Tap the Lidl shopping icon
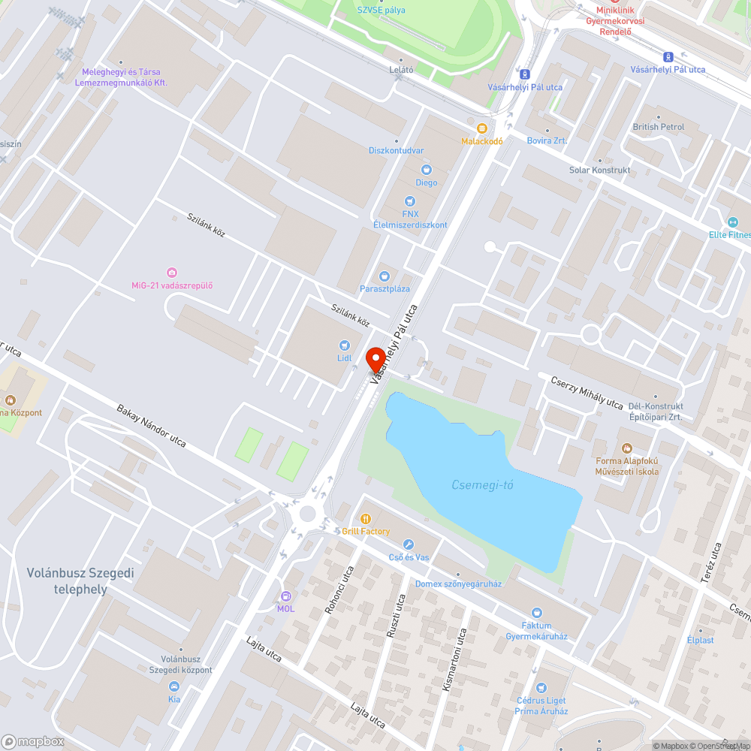344,345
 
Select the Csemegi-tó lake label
482,485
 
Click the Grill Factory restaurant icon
366,518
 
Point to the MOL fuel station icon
285,596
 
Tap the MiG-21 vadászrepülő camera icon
172,272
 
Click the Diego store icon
427,170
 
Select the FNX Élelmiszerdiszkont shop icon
409,201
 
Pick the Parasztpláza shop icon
385,276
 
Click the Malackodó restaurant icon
482,128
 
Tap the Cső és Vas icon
409,544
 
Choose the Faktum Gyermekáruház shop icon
536,613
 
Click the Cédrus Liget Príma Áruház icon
541,688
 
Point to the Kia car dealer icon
174,686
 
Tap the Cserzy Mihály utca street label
587,392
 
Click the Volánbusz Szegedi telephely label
80,581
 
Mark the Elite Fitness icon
733,222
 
